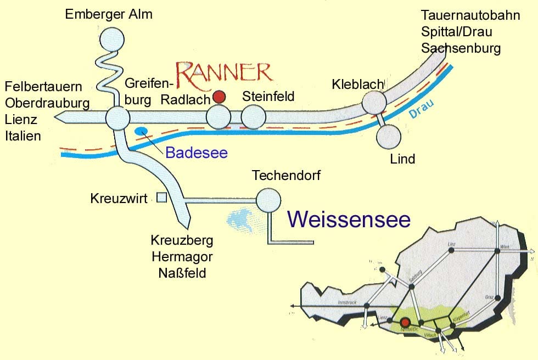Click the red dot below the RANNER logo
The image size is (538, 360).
pos(220,97)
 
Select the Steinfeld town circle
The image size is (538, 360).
pos(253,117)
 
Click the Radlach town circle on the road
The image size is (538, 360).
pos(218,117)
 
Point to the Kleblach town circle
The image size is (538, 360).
pos(374,102)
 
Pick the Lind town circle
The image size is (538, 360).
pos(389,137)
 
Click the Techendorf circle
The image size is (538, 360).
pos(268,200)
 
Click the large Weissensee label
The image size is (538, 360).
pos(349,220)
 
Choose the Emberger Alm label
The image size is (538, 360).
pos(109,14)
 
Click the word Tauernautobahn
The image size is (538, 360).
pos(470,15)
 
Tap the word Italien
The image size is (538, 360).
pos(23,136)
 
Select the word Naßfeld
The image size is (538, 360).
pos(182,272)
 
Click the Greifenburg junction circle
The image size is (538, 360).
pos(117,117)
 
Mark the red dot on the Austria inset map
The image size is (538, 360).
pos(406,323)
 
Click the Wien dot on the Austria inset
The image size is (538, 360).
pos(497,251)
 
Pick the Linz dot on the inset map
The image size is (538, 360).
pos(451,250)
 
